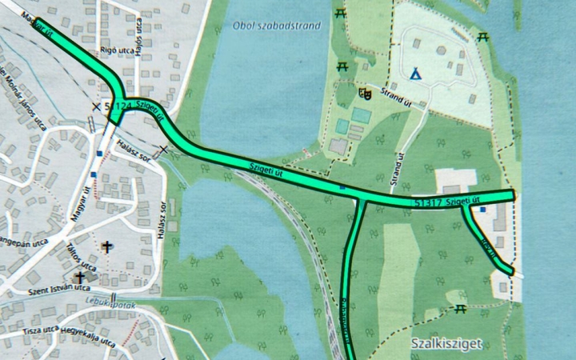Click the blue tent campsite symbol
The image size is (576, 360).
tap(414, 74)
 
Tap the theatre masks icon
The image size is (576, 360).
tap(366, 93)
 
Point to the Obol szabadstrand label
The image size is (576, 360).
tap(277, 25)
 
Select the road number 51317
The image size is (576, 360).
tap(430, 203)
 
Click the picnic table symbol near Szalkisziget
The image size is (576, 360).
tap(461, 308)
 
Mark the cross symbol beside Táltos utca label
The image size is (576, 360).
tap(108, 248)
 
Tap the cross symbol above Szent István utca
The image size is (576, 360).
tap(80, 278)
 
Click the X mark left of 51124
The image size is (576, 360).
tap(97, 106)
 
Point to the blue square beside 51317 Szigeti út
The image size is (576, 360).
tap(482, 210)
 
